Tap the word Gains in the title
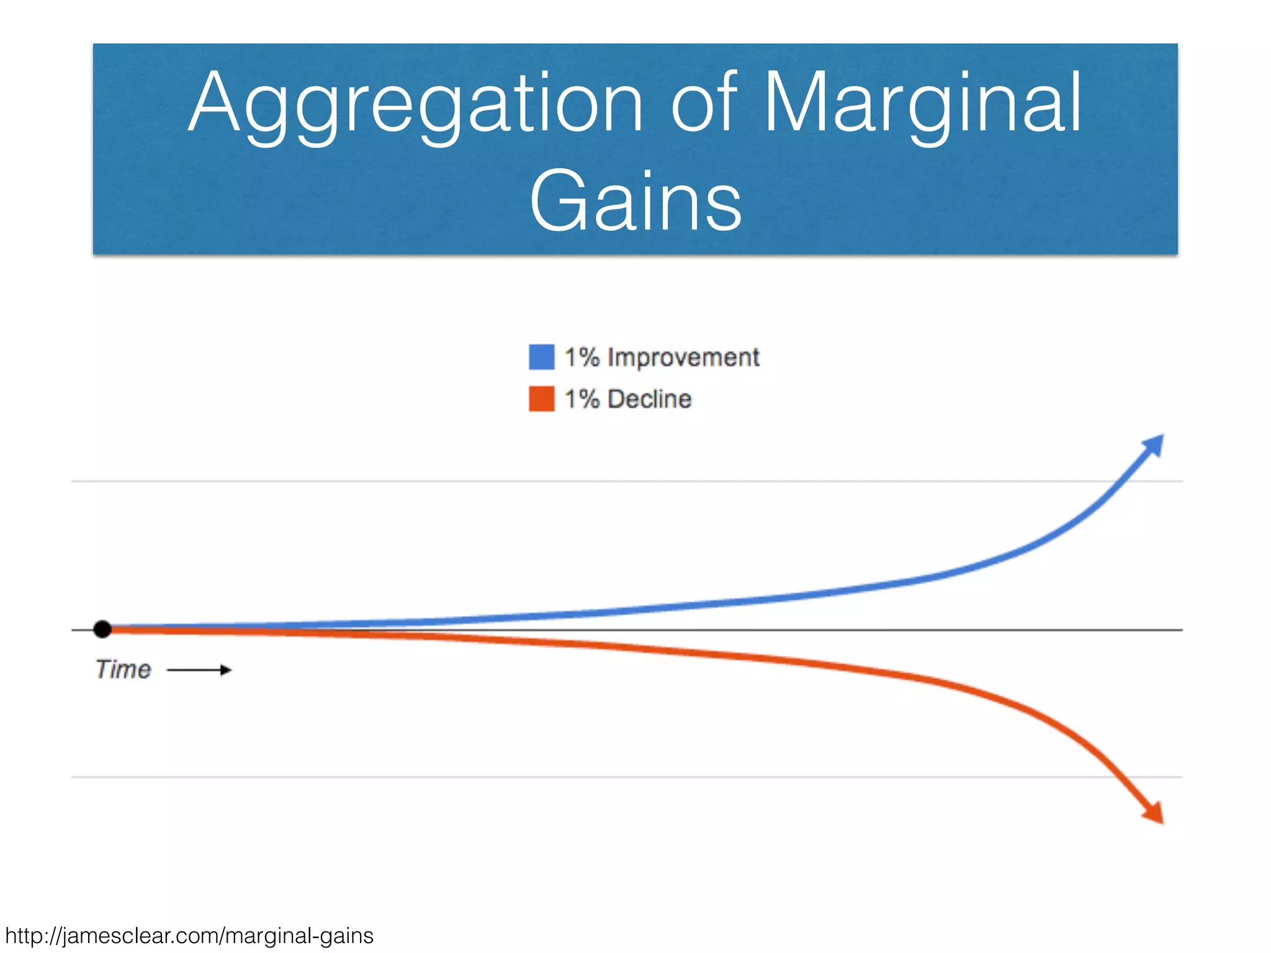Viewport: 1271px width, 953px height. (635, 202)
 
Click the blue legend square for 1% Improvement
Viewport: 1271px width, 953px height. (541, 357)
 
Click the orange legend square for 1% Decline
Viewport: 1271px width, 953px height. (541, 399)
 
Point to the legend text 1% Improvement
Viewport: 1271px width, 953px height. (662, 357)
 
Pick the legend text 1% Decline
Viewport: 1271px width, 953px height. (627, 399)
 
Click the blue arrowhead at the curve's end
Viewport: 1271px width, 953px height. (1154, 445)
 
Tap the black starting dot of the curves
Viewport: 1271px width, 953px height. (102, 629)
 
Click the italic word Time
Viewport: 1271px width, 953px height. (123, 669)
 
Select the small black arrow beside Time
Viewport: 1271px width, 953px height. (200, 670)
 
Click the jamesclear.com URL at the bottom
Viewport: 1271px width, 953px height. (189, 936)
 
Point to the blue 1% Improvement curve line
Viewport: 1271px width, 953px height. (745, 600)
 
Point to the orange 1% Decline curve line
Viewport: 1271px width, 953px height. (745, 658)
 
